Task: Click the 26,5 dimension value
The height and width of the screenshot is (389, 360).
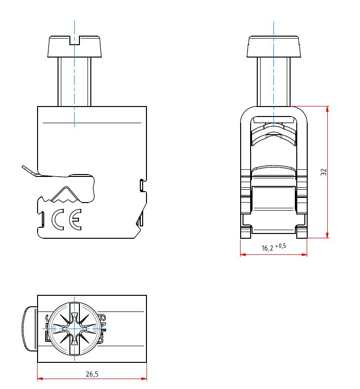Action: [92, 374]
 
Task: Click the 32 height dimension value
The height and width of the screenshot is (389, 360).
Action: [323, 172]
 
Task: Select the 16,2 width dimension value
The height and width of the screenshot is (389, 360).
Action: [267, 248]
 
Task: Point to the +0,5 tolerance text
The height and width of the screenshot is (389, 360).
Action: [281, 246]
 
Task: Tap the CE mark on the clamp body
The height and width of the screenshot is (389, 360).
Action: [67, 219]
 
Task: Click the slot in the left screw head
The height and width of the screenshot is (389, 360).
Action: [75, 40]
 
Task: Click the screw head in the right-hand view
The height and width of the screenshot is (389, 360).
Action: [273, 47]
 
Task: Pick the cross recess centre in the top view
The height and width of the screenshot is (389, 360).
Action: [75, 329]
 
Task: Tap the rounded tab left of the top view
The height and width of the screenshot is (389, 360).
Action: [30, 329]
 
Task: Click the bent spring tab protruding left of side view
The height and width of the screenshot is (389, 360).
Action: [30, 171]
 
